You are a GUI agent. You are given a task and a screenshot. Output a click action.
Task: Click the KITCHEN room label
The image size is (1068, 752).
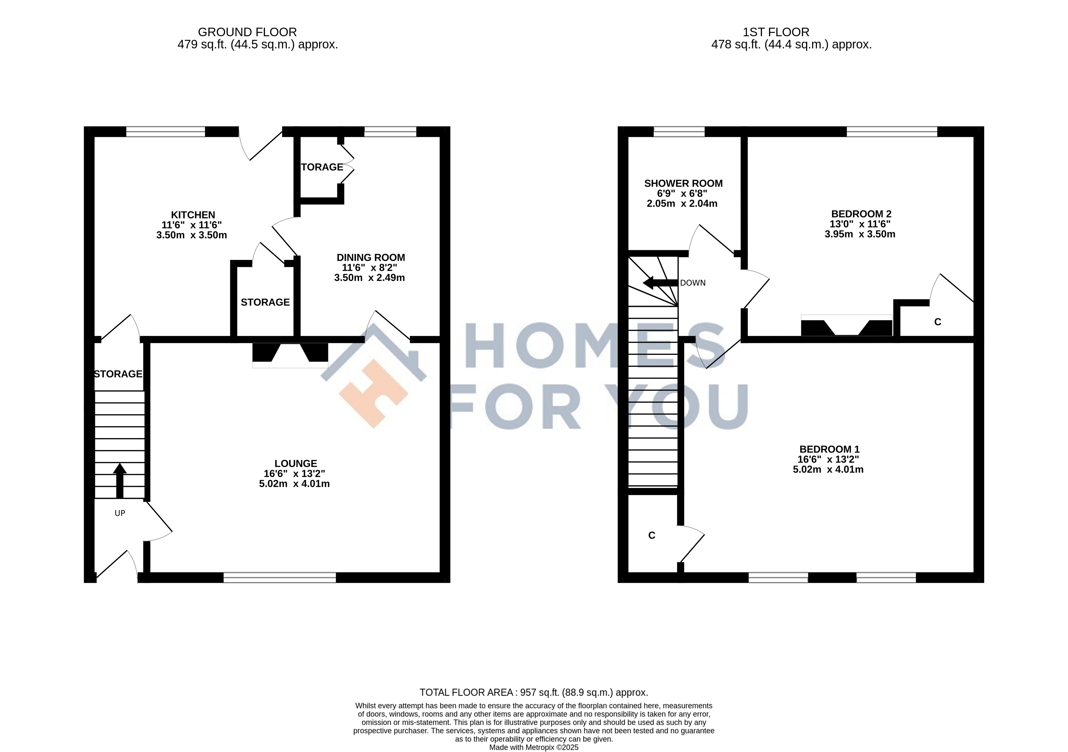193,215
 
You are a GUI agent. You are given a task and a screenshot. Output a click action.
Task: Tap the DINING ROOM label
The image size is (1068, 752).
371,257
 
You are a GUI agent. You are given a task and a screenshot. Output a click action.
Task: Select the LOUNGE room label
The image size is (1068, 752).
296,463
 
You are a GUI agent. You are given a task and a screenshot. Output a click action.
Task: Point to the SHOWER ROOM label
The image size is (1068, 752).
683,184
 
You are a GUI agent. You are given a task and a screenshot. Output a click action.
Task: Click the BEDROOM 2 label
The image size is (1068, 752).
861,214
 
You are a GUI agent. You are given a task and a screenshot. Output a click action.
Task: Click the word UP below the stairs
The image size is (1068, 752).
120,513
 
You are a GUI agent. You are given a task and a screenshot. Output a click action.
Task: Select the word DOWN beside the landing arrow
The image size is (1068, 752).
693,283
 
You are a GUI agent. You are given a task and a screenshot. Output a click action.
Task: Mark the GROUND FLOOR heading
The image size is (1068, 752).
248,32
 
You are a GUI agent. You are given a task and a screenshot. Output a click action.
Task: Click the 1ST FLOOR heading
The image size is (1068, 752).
776,32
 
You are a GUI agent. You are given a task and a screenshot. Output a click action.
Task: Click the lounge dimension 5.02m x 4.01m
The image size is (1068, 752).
294,484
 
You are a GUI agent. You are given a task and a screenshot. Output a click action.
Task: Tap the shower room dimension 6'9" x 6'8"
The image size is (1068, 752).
682,193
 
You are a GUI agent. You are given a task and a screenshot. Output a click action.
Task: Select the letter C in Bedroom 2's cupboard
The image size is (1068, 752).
938,322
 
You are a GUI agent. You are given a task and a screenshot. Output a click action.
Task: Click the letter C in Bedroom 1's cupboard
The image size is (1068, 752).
652,535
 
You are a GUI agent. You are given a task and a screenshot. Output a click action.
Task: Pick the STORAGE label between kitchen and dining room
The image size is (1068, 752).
265,303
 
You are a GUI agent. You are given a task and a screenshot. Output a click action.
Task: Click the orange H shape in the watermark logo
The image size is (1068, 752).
374,393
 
